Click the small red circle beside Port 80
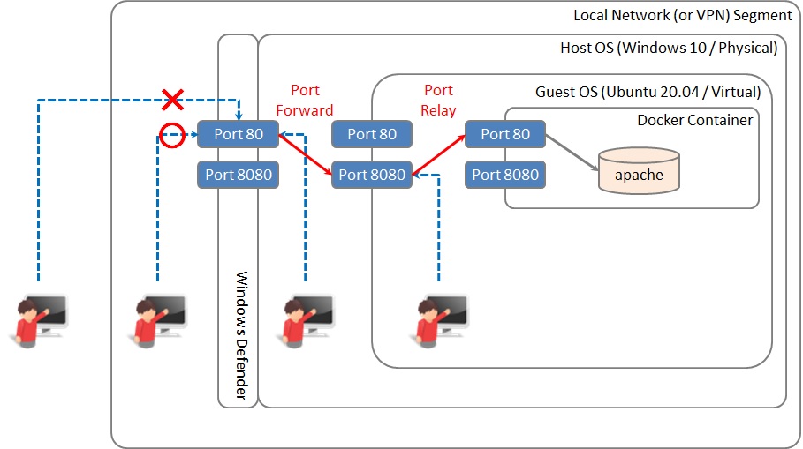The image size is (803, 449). [x=170, y=135]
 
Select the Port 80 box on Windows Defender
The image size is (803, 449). [x=238, y=134]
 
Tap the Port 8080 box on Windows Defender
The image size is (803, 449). [x=238, y=175]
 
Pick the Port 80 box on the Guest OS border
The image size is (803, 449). [x=372, y=134]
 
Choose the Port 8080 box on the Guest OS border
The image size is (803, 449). [x=372, y=175]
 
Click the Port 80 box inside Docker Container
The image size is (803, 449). [x=505, y=134]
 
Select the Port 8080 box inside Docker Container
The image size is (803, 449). [x=505, y=175]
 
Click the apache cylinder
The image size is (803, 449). [x=639, y=172]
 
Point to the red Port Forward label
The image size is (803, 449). [x=305, y=101]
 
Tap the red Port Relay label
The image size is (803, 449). [x=439, y=101]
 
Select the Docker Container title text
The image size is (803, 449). [x=695, y=120]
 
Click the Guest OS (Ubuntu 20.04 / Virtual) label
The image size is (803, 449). [x=648, y=92]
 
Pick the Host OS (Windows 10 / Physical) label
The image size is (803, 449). [x=669, y=48]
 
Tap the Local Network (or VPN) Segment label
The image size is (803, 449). [x=683, y=15]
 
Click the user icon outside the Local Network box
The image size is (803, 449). [x=42, y=319]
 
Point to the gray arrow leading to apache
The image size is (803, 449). [x=572, y=149]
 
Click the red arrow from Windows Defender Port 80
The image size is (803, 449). [x=305, y=154]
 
